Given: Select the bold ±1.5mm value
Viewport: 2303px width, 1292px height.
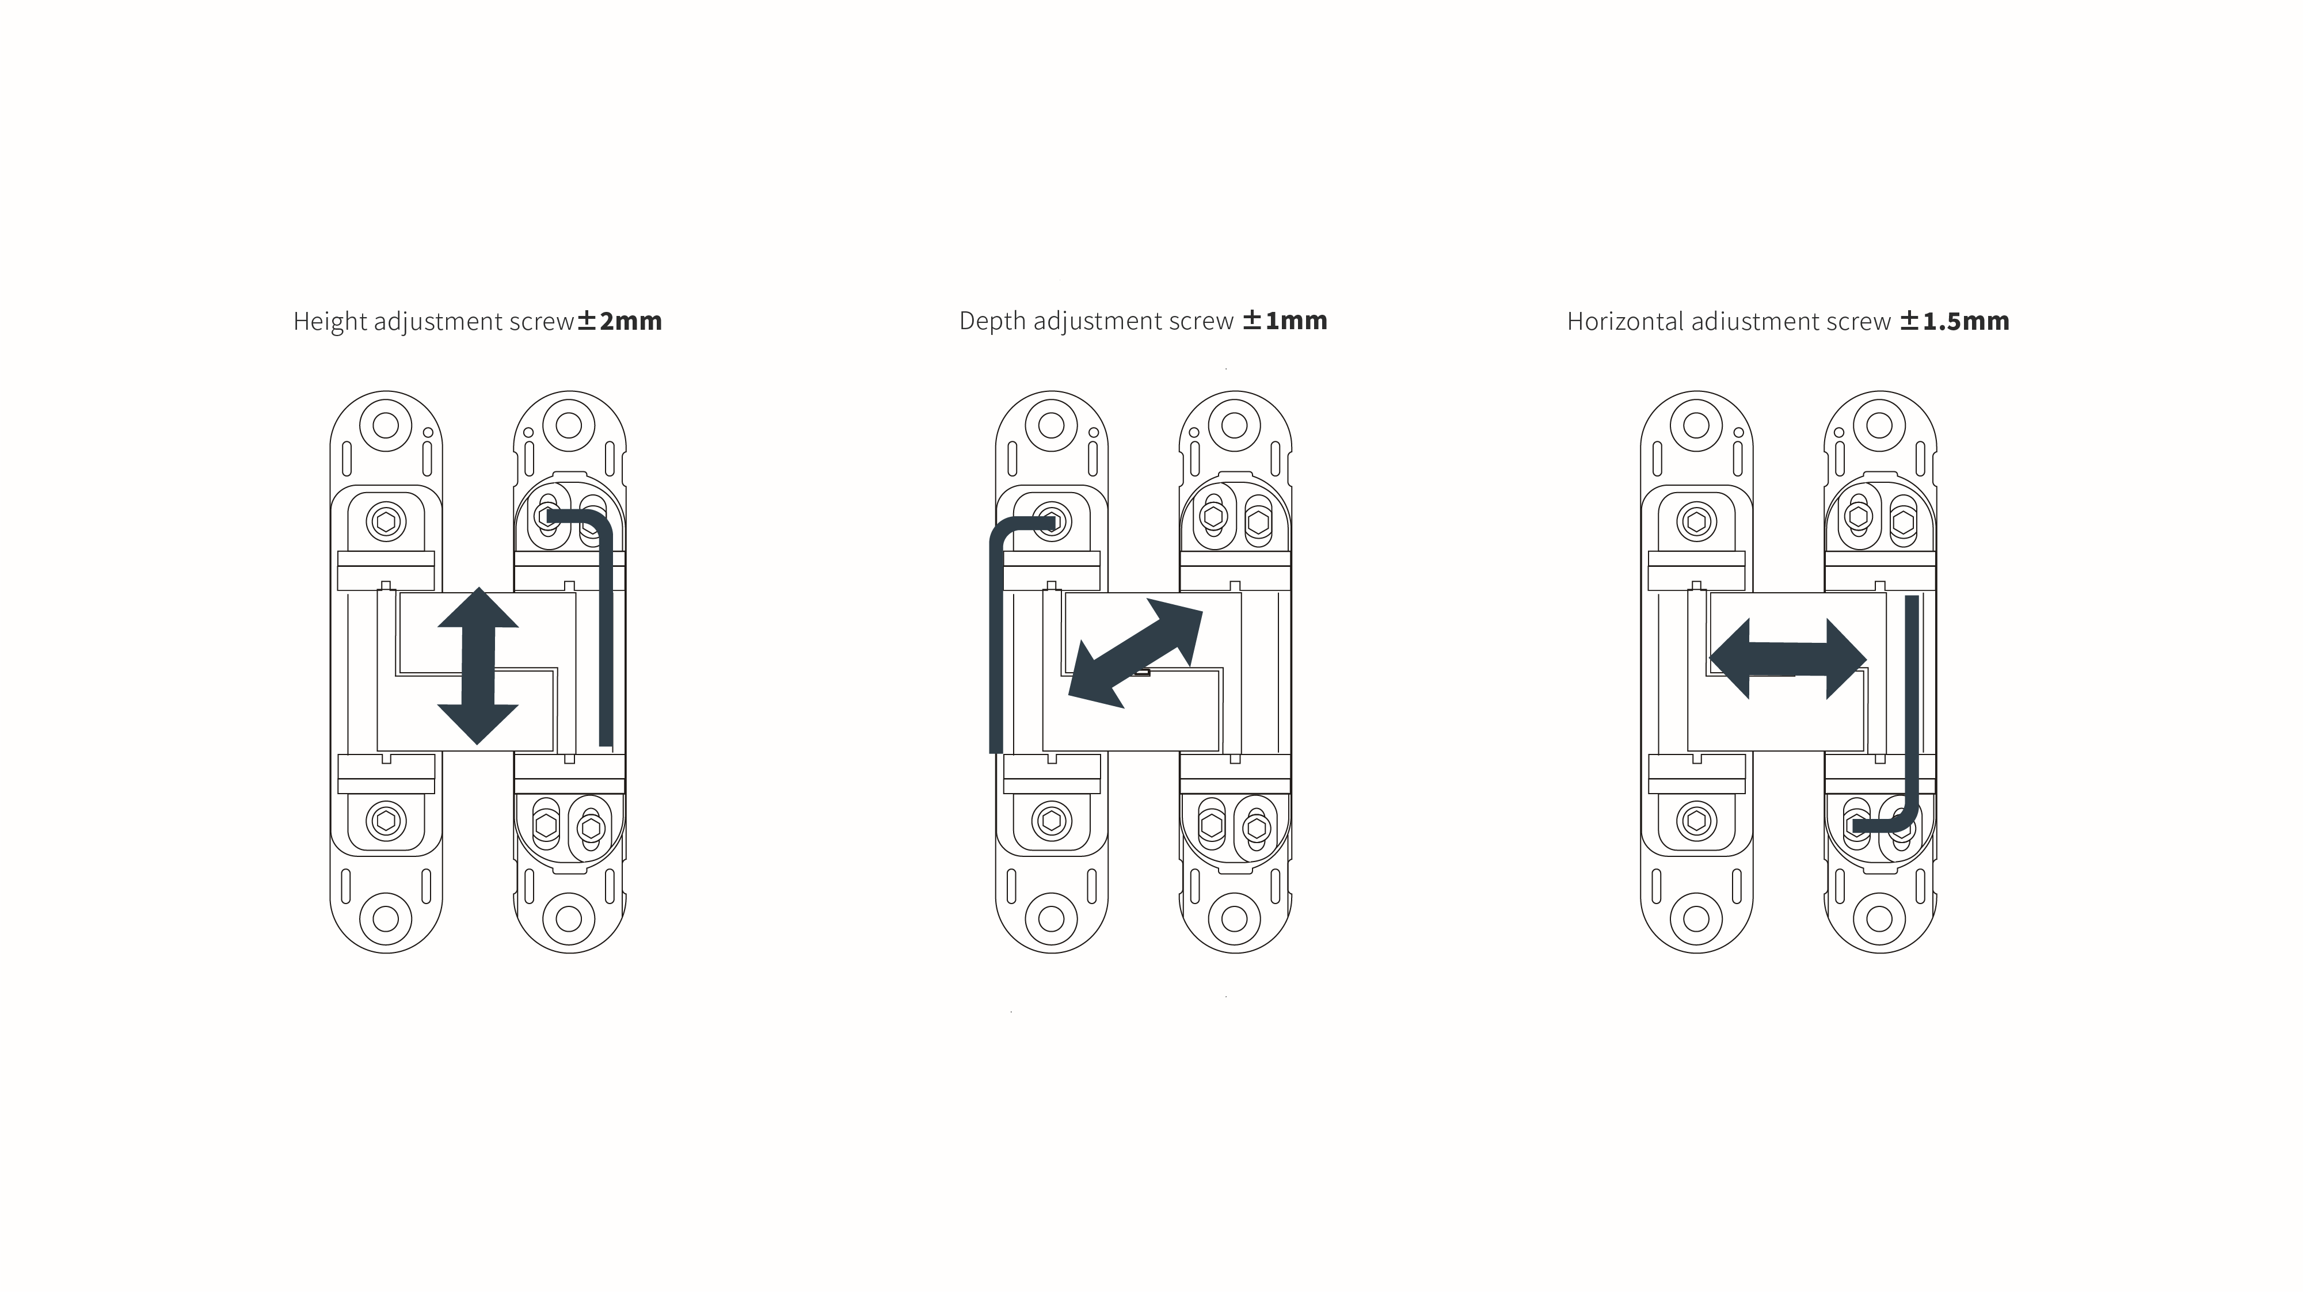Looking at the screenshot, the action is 1954,321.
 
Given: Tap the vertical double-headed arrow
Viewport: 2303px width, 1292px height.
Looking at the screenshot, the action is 478,666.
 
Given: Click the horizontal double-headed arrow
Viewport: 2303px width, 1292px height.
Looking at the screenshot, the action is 1788,659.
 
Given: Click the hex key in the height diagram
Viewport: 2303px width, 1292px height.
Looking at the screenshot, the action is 606,626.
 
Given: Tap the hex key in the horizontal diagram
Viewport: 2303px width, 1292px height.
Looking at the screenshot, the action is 1912,715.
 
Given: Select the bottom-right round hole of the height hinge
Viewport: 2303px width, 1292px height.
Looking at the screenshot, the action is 569,918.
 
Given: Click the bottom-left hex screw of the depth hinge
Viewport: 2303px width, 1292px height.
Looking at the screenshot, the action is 1052,821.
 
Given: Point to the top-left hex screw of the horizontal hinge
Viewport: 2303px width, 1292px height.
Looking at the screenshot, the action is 1697,521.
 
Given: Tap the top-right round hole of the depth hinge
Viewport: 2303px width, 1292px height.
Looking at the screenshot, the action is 1235,425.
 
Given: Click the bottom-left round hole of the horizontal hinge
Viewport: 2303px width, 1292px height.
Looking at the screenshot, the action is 1696,918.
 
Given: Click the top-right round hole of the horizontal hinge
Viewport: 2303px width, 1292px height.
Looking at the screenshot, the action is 1879,425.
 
